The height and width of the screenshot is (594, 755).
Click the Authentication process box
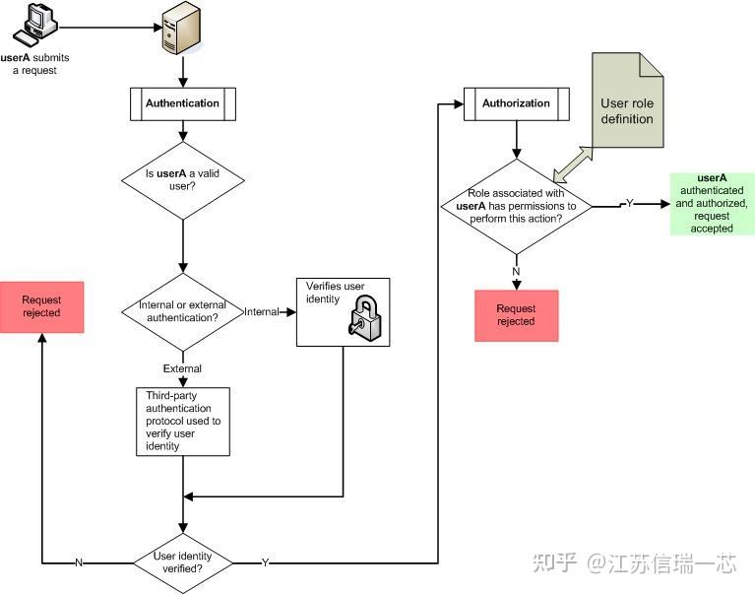pos(182,102)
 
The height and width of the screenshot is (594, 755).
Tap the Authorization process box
pos(516,103)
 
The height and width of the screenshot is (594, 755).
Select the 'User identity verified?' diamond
pos(183,562)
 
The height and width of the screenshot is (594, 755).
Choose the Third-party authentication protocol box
pos(182,421)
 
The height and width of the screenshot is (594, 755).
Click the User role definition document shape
pos(627,102)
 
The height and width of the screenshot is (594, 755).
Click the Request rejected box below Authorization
pos(516,315)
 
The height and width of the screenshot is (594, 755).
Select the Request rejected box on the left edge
pos(41,306)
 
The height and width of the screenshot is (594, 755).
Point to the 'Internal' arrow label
pos(261,311)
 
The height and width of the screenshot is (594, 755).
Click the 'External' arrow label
pos(182,368)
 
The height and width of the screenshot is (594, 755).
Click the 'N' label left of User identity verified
pos(79,562)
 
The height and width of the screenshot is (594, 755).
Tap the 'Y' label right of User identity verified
pos(265,562)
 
